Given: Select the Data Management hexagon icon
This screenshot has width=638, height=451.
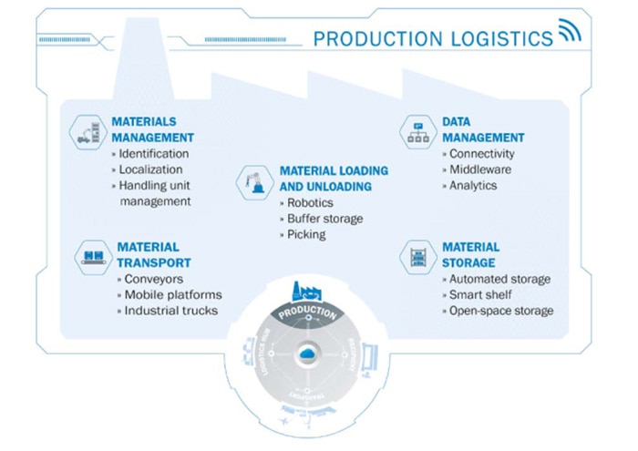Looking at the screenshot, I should pos(421,133).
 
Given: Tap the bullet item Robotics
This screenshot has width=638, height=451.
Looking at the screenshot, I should pos(310,203).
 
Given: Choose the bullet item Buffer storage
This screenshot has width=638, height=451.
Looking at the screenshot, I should pos(324,219).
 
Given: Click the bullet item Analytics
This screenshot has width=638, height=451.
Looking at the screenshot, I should pos(477,185).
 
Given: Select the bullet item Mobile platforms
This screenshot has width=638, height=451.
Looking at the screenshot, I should pos(173,295).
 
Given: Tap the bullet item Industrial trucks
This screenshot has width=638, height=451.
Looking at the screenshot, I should pos(171,311).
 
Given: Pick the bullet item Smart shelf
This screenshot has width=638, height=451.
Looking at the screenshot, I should pos(483,295).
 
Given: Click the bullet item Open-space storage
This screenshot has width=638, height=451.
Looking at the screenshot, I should pos(502,311).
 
